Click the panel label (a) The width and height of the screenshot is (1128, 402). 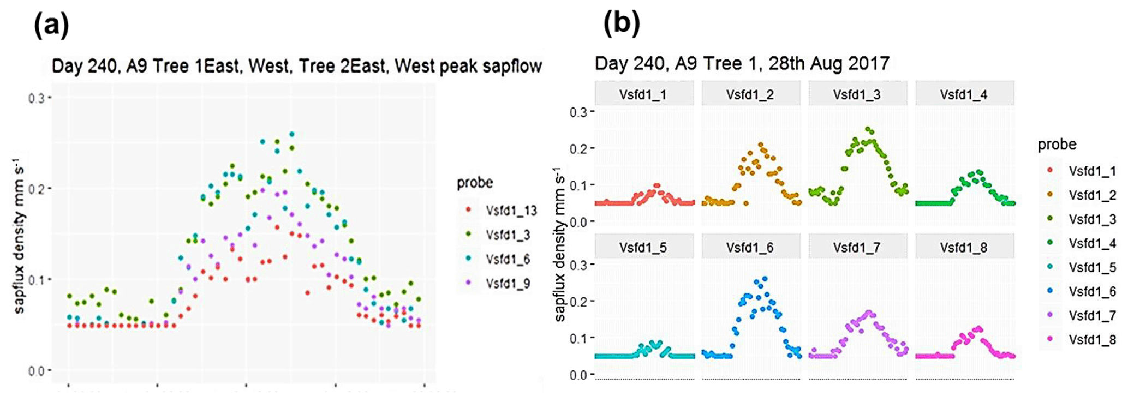pyautogui.click(x=51, y=25)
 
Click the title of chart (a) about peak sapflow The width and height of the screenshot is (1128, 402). pyautogui.click(x=296, y=67)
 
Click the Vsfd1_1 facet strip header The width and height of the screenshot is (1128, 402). pyautogui.click(x=643, y=94)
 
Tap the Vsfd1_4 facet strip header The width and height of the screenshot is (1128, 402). pyautogui.click(x=964, y=94)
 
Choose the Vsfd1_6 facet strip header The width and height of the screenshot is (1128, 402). pyautogui.click(x=750, y=248)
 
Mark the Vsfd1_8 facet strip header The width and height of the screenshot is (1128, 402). pyautogui.click(x=964, y=248)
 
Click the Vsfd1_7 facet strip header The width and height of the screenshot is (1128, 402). pyautogui.click(x=857, y=248)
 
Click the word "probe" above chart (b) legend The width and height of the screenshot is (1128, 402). pyautogui.click(x=1057, y=145)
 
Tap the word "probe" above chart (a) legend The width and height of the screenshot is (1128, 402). pyautogui.click(x=475, y=183)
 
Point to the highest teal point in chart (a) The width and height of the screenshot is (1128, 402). pyautogui.click(x=291, y=134)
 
